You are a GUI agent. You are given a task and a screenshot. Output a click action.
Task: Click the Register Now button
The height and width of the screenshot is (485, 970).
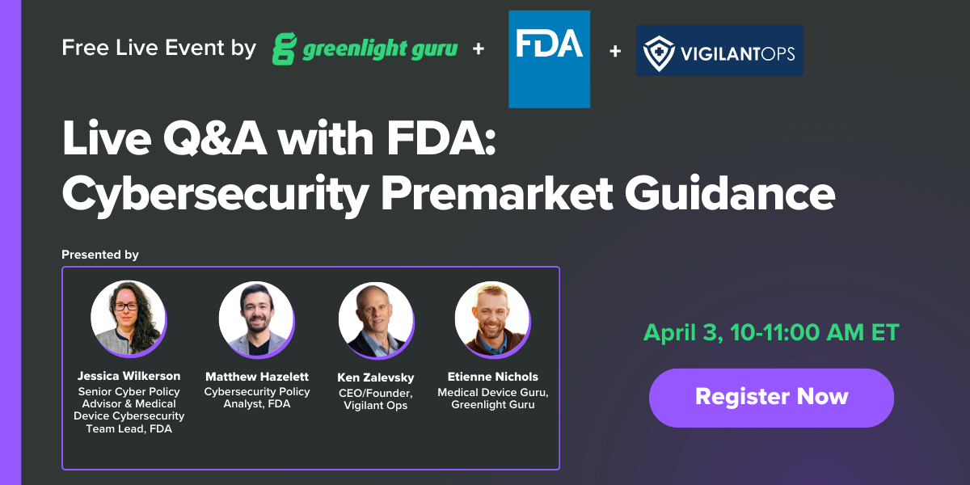[771, 397]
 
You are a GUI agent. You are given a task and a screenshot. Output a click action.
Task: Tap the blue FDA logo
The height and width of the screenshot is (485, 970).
[549, 59]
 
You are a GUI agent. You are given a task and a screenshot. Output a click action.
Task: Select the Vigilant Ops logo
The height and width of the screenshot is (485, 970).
[719, 50]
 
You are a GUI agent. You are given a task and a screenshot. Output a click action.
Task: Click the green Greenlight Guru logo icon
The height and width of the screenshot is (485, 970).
[284, 48]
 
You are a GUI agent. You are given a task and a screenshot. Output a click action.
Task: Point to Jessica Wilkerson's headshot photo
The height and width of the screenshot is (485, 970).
[129, 319]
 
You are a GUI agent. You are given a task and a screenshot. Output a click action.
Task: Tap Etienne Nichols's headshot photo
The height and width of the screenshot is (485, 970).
[492, 319]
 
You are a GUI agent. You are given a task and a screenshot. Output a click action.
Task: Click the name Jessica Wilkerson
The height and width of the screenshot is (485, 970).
[129, 376]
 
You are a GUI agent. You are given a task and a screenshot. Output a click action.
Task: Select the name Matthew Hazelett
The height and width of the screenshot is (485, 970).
[256, 377]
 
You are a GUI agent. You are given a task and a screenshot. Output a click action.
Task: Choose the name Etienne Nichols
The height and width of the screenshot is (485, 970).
[492, 377]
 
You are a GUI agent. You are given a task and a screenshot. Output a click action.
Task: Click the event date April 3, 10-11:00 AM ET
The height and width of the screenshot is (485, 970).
[771, 332]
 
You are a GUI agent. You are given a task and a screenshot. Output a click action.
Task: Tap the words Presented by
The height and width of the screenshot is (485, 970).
[100, 255]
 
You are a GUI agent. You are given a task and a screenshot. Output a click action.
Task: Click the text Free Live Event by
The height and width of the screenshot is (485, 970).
[158, 48]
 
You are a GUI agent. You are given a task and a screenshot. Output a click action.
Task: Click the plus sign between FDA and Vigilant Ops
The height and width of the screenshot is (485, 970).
[615, 51]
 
